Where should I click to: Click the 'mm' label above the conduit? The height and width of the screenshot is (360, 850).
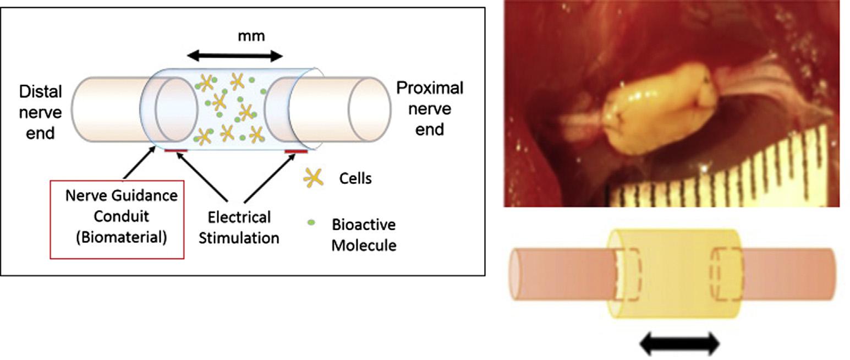251,36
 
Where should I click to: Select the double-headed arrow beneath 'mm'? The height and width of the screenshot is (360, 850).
235,56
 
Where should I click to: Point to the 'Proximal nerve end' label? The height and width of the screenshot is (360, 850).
430,108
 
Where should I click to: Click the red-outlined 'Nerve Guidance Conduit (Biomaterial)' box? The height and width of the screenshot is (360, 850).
117,219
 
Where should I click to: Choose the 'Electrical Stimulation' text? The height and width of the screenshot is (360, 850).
242,227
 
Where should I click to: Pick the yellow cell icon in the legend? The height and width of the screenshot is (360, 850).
313,177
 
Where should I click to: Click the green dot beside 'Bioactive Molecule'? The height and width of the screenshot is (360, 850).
311,222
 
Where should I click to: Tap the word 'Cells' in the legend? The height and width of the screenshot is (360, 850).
355,178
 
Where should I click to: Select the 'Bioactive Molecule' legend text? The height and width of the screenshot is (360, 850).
364,234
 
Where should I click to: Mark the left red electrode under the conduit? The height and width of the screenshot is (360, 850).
176,150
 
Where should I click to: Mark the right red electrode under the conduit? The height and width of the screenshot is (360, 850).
296,150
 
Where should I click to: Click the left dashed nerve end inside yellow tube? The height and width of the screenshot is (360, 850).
627,274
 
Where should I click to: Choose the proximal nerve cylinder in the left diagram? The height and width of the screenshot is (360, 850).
341,113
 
